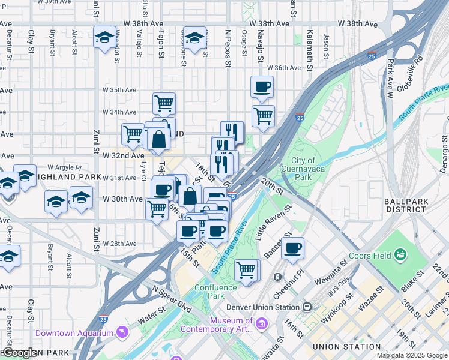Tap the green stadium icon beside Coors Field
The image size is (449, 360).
click(x=400, y=256)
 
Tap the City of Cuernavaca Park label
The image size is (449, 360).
click(x=311, y=169)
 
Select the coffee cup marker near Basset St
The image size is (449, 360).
click(x=292, y=248)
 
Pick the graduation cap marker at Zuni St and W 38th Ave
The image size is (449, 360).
click(x=104, y=37)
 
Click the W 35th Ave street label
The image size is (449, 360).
click(x=119, y=90)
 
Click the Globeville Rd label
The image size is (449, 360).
click(x=413, y=70)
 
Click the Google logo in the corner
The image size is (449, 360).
click(x=20, y=353)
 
